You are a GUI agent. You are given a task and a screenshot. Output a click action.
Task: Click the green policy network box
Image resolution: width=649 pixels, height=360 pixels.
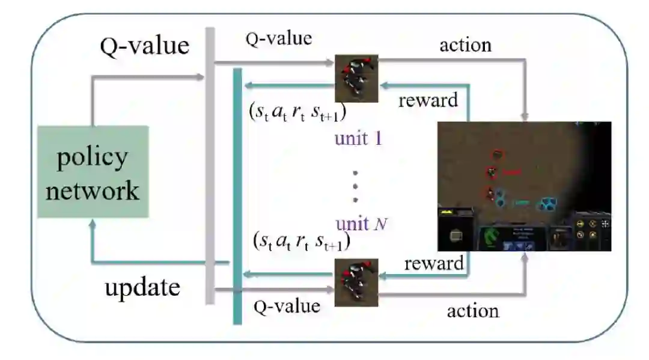click(93, 172)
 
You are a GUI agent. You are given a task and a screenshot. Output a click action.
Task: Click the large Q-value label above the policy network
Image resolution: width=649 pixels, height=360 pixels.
click(144, 46)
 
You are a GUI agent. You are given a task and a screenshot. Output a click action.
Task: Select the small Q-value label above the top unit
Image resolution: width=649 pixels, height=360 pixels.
click(279, 39)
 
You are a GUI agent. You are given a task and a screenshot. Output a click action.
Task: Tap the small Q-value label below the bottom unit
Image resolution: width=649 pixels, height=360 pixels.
click(287, 306)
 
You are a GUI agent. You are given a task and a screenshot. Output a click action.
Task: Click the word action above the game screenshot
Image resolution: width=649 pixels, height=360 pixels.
click(465, 44)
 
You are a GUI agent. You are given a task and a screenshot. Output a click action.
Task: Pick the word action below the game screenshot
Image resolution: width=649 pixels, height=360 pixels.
click(473, 310)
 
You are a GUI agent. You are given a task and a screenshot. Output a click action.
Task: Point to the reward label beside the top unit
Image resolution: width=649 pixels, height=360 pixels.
click(428, 100)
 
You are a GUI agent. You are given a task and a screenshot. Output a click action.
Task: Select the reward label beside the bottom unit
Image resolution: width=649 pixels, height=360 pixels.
click(434, 263)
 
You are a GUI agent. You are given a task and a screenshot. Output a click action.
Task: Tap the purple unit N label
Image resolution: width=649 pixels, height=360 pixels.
click(361, 224)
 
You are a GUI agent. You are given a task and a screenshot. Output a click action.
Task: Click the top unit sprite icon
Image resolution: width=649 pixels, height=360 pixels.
click(356, 78)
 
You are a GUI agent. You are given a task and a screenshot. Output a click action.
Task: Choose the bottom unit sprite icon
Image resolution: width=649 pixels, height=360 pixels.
click(356, 282)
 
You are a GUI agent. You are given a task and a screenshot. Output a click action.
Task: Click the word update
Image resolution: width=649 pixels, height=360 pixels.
click(142, 287)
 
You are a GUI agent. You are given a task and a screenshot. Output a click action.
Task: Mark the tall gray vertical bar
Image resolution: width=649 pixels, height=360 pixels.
click(210, 165)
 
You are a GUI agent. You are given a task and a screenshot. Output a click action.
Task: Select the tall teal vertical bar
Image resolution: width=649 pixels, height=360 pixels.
click(237, 195)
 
